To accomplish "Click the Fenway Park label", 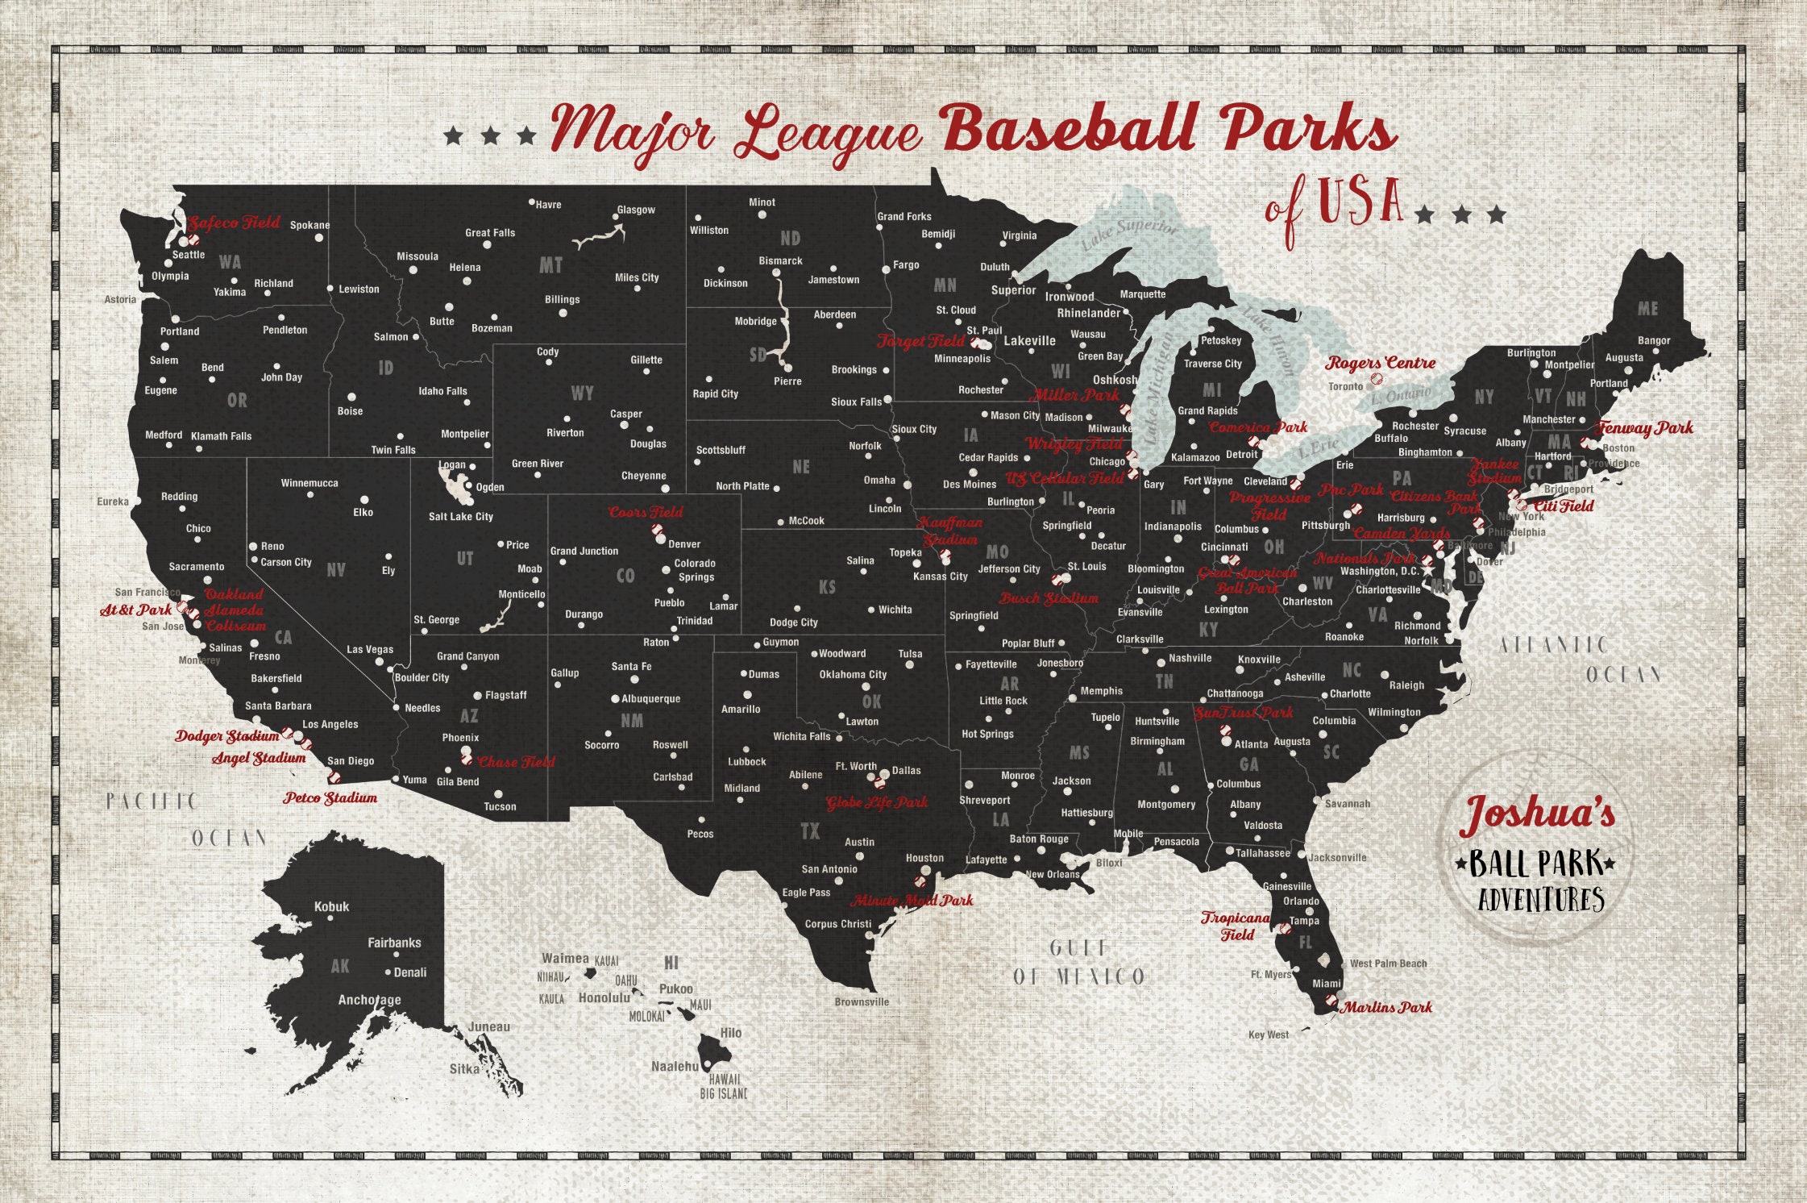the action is [1644, 427].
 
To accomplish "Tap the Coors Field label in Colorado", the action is [646, 512].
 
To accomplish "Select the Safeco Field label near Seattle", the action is [234, 223].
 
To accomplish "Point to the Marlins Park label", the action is [1387, 1007].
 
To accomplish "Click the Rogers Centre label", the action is [1381, 363].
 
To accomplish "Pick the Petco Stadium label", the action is [330, 797].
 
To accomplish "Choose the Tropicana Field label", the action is [1236, 926].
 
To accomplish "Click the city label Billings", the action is [562, 299].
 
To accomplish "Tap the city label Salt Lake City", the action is [460, 516].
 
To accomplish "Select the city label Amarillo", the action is [741, 709].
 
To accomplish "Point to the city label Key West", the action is [1268, 1034].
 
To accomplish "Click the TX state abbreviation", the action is [810, 831].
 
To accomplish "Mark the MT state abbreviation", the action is [550, 265].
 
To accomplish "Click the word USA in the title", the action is [1361, 200].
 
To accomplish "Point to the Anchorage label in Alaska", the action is [369, 1000].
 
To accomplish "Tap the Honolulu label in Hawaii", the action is [604, 997].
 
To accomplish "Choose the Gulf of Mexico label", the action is [1078, 963].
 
